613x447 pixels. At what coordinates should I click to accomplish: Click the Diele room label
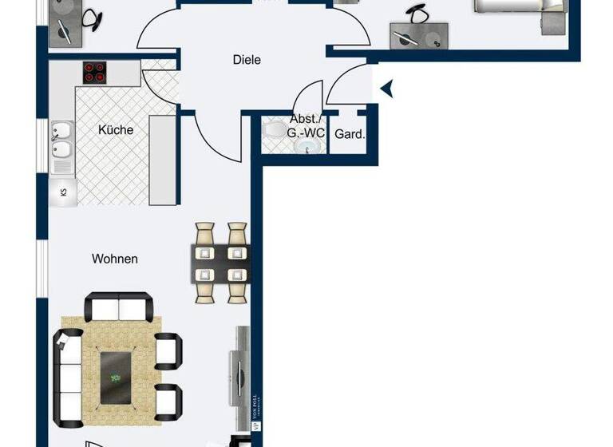coord(247,60)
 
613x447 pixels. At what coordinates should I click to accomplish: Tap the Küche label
coord(116,130)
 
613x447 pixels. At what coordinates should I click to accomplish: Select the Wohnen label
coord(115,259)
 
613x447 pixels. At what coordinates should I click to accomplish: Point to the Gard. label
coord(350,134)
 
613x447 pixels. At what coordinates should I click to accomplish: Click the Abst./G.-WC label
coord(307,127)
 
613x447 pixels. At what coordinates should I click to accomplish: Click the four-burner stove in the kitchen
coord(95,73)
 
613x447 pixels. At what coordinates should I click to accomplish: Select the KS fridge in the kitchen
coord(63,192)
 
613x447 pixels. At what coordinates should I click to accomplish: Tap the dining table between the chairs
coord(220,264)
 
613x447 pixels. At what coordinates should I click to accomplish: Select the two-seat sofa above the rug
coord(119,307)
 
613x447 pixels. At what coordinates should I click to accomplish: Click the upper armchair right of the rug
coord(168,349)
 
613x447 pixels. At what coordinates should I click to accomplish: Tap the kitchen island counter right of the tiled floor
coord(162,160)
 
